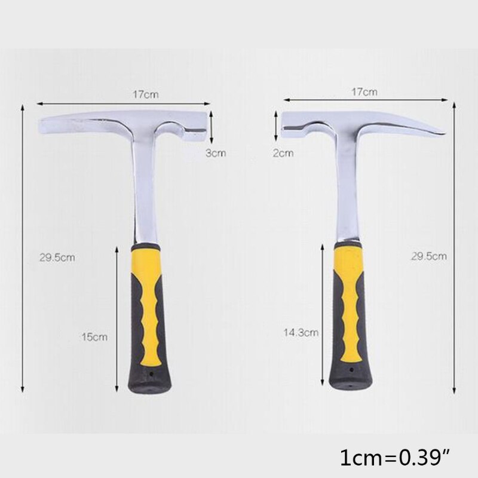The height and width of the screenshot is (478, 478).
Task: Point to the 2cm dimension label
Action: coord(283,153)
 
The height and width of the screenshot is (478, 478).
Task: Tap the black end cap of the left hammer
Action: coord(149,382)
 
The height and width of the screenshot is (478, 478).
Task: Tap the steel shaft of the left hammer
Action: coord(144,197)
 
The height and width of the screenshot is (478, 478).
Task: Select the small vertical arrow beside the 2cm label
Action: coord(275,124)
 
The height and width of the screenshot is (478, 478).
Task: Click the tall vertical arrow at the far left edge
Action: coord(22,245)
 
